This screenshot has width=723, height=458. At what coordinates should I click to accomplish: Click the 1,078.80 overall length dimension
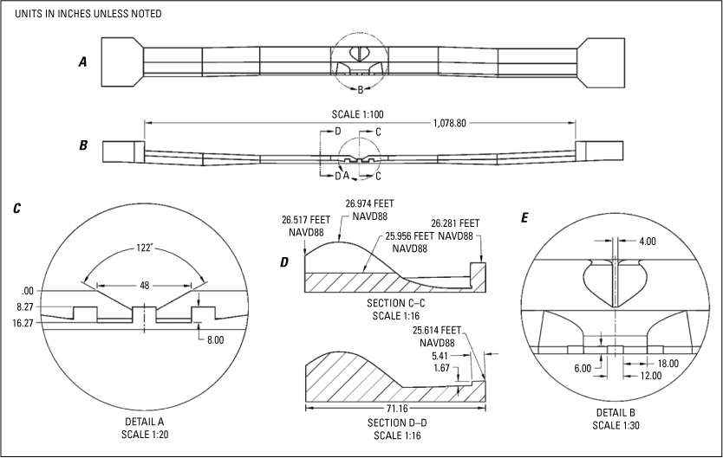(x=449, y=124)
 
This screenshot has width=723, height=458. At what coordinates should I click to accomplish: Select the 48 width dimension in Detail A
(x=143, y=283)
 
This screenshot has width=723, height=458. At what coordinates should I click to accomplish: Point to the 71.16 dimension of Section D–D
(x=395, y=408)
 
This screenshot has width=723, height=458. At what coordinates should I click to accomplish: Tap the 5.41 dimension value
(x=440, y=354)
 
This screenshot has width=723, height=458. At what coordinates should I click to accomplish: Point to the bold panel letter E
(x=525, y=218)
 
